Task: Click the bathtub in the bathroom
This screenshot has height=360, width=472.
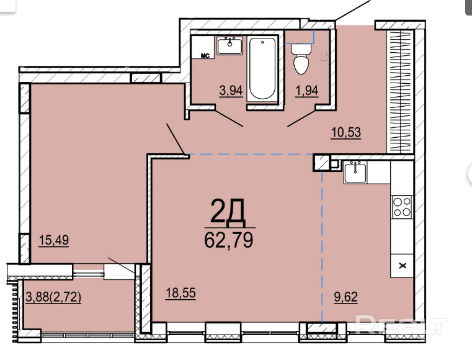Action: point(262,69)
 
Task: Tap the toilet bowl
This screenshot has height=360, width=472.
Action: point(301,59)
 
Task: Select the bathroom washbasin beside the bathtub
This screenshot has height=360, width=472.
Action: point(230,46)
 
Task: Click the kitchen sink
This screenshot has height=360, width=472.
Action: point(355,173)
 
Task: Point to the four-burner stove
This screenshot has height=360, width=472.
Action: point(402,207)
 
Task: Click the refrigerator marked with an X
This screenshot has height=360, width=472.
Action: point(402,266)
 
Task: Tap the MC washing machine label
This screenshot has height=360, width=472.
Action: point(205,56)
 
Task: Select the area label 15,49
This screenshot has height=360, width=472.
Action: point(54,240)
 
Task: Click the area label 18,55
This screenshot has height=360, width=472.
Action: point(180,293)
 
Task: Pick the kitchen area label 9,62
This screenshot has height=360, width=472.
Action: point(346,297)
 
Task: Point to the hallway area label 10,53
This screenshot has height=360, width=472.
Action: point(346,132)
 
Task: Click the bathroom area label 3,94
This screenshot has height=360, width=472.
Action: point(231,91)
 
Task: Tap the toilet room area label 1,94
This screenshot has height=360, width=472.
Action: point(307,91)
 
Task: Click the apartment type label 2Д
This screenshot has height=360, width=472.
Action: point(228,212)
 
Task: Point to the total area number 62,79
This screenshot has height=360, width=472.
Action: point(229,240)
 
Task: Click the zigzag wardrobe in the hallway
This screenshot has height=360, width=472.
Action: point(399,92)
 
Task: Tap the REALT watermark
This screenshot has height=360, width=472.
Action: point(400,325)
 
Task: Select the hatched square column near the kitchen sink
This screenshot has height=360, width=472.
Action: point(321,163)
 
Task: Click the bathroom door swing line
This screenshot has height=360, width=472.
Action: point(229,118)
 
